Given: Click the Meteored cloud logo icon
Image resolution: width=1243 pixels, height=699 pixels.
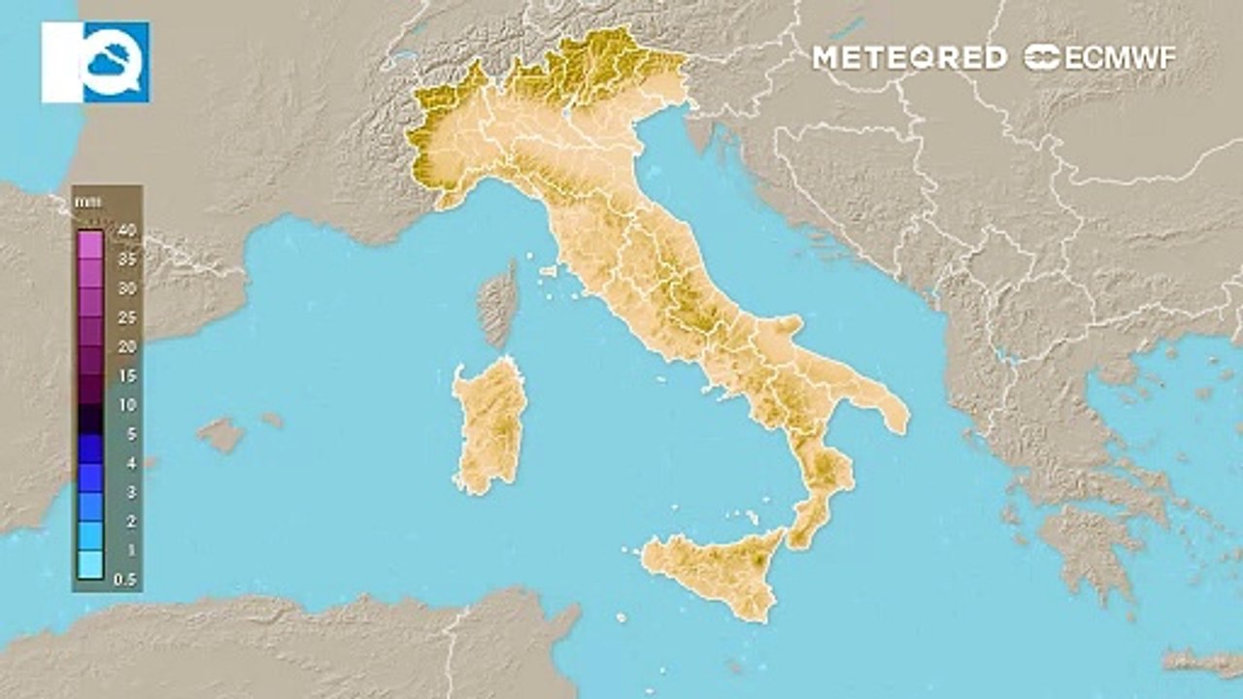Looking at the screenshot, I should click(95, 62).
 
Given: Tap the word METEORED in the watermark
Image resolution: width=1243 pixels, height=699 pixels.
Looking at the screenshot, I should click(909, 57).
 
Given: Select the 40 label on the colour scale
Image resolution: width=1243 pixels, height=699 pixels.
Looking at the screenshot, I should click(125, 230).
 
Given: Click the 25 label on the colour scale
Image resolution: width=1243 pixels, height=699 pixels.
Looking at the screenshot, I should click(125, 317).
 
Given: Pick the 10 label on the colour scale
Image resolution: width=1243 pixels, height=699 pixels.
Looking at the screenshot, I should click(125, 405).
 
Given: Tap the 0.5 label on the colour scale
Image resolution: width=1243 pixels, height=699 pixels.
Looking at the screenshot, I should click(125, 580).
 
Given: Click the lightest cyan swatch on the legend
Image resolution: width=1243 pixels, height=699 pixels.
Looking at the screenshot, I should click(90, 564).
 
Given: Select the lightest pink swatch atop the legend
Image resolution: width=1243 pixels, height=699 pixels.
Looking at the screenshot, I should click(90, 244).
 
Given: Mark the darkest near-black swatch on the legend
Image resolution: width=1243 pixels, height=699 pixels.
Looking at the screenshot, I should click(90, 418).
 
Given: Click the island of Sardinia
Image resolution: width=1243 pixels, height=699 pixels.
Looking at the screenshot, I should click(490, 427).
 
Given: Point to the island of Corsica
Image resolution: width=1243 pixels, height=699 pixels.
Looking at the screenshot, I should click(499, 303).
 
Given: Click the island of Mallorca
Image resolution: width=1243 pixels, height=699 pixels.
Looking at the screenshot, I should click(222, 434).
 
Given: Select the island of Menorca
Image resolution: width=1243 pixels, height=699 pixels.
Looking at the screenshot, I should click(272, 420).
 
